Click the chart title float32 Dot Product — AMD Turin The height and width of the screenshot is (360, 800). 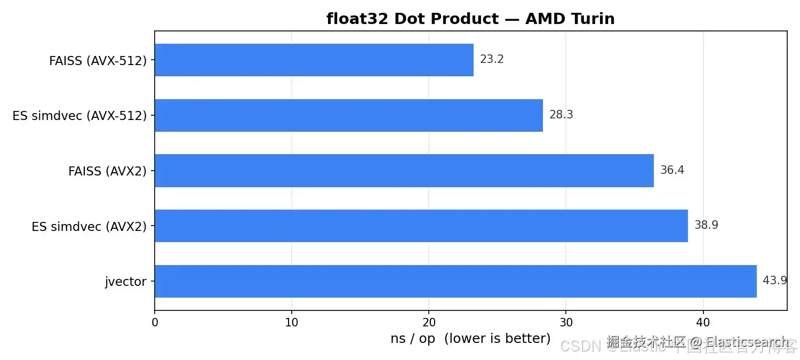tap(470, 19)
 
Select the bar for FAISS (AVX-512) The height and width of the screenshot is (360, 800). tap(314, 60)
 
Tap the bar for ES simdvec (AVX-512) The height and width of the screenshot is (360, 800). tap(348, 115)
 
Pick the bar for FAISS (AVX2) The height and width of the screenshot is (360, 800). tap(404, 171)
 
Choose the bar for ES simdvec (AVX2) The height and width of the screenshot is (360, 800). tap(421, 226)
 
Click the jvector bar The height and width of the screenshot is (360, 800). tap(455, 281)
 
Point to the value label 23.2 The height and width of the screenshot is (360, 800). tap(492, 60)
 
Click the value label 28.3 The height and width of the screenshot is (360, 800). tap(561, 115)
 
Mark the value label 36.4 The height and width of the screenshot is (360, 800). tap(672, 171)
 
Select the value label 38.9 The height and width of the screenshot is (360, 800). tap(706, 226)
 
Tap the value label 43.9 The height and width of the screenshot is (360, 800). tap(774, 281)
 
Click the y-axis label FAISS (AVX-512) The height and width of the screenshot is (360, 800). tap(98, 61)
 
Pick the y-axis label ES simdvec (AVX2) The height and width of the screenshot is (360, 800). tap(89, 227)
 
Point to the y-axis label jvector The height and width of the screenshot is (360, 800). tap(125, 282)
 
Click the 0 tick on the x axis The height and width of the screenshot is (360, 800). tap(155, 322)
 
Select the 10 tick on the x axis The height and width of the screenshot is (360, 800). tap(292, 322)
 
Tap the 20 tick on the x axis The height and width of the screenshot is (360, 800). tap(429, 322)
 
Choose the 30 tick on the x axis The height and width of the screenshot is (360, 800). tap(566, 322)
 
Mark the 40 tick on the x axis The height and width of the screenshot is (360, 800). tap(703, 322)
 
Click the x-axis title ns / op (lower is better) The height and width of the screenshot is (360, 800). tap(470, 339)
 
